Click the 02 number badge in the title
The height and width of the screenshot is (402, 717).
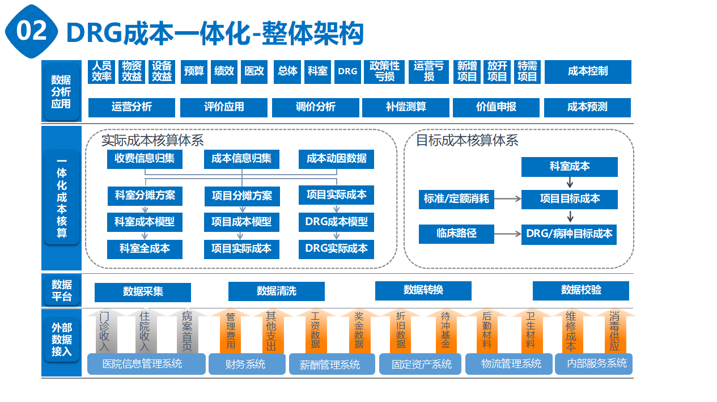tap(32, 32)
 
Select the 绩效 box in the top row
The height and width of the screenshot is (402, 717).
tap(224, 71)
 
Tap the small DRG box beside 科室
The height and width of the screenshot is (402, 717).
tap(347, 71)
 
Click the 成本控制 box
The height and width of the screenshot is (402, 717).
tap(588, 71)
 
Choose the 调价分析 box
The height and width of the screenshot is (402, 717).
tap(315, 107)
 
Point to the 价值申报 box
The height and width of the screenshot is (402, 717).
tap(496, 107)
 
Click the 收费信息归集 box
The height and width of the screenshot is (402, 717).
tap(145, 159)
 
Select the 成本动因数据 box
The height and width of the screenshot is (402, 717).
tap(336, 159)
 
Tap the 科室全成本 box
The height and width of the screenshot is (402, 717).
tap(145, 249)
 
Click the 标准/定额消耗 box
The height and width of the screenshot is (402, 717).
tap(456, 199)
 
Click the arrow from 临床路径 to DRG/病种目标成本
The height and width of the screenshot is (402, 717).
tap(508, 234)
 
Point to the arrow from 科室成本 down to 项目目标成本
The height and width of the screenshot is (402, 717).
tap(570, 183)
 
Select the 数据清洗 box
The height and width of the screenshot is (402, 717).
tap(276, 291)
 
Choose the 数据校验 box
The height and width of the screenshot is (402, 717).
tap(580, 290)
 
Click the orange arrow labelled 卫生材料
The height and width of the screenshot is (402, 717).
tap(531, 331)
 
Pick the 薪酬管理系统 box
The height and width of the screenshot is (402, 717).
tap(332, 365)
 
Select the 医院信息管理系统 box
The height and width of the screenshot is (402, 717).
tap(146, 364)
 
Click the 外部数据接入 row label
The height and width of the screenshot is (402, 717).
tap(61, 340)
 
